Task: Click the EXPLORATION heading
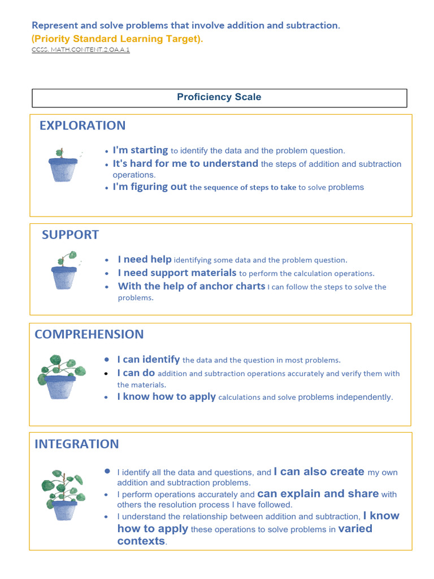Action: [x=83, y=126]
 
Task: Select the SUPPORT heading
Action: [x=70, y=235]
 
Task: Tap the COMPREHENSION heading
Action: [x=89, y=334]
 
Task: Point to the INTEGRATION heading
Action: [x=77, y=444]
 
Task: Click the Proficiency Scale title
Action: [x=219, y=97]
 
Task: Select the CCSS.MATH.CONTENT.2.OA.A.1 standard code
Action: [x=81, y=50]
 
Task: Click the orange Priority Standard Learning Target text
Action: [x=118, y=38]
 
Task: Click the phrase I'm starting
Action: [x=140, y=150]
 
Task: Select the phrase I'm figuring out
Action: [x=150, y=187]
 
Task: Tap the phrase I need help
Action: [x=145, y=260]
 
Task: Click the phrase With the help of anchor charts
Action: [x=191, y=286]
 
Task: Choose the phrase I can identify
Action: [x=149, y=360]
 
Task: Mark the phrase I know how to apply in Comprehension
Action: [x=166, y=397]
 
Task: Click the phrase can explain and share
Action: [x=318, y=494]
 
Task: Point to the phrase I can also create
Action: [x=319, y=472]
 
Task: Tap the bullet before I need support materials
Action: [x=106, y=274]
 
